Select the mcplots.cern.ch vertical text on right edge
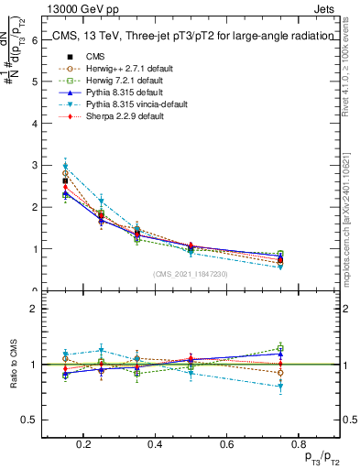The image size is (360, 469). pos(351,220)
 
